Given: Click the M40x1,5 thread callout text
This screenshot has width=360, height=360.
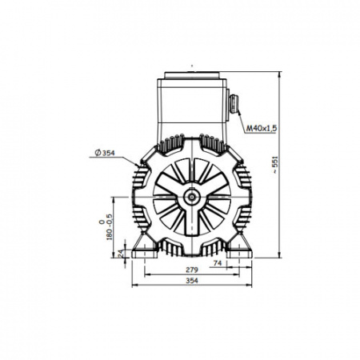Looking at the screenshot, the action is click(x=262, y=129).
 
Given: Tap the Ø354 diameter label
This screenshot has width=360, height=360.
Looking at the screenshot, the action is click(x=105, y=153).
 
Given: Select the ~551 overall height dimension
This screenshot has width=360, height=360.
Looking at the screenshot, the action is click(x=275, y=165).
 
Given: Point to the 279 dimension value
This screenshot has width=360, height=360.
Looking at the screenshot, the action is click(x=192, y=270).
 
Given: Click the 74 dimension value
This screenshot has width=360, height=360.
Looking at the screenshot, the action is click(x=218, y=263).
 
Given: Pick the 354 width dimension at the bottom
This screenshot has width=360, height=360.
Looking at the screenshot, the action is click(x=192, y=281).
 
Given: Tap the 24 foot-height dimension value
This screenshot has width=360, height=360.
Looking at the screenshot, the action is click(x=122, y=253).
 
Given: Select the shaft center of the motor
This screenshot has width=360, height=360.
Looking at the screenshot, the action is click(x=192, y=197).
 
